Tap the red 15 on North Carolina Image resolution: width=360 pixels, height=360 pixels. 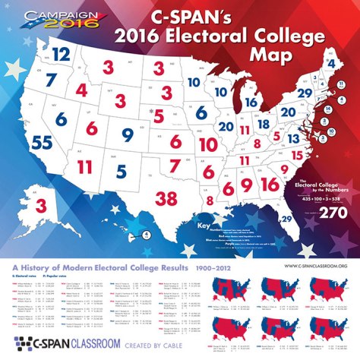pyautogui.click(x=298, y=155)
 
